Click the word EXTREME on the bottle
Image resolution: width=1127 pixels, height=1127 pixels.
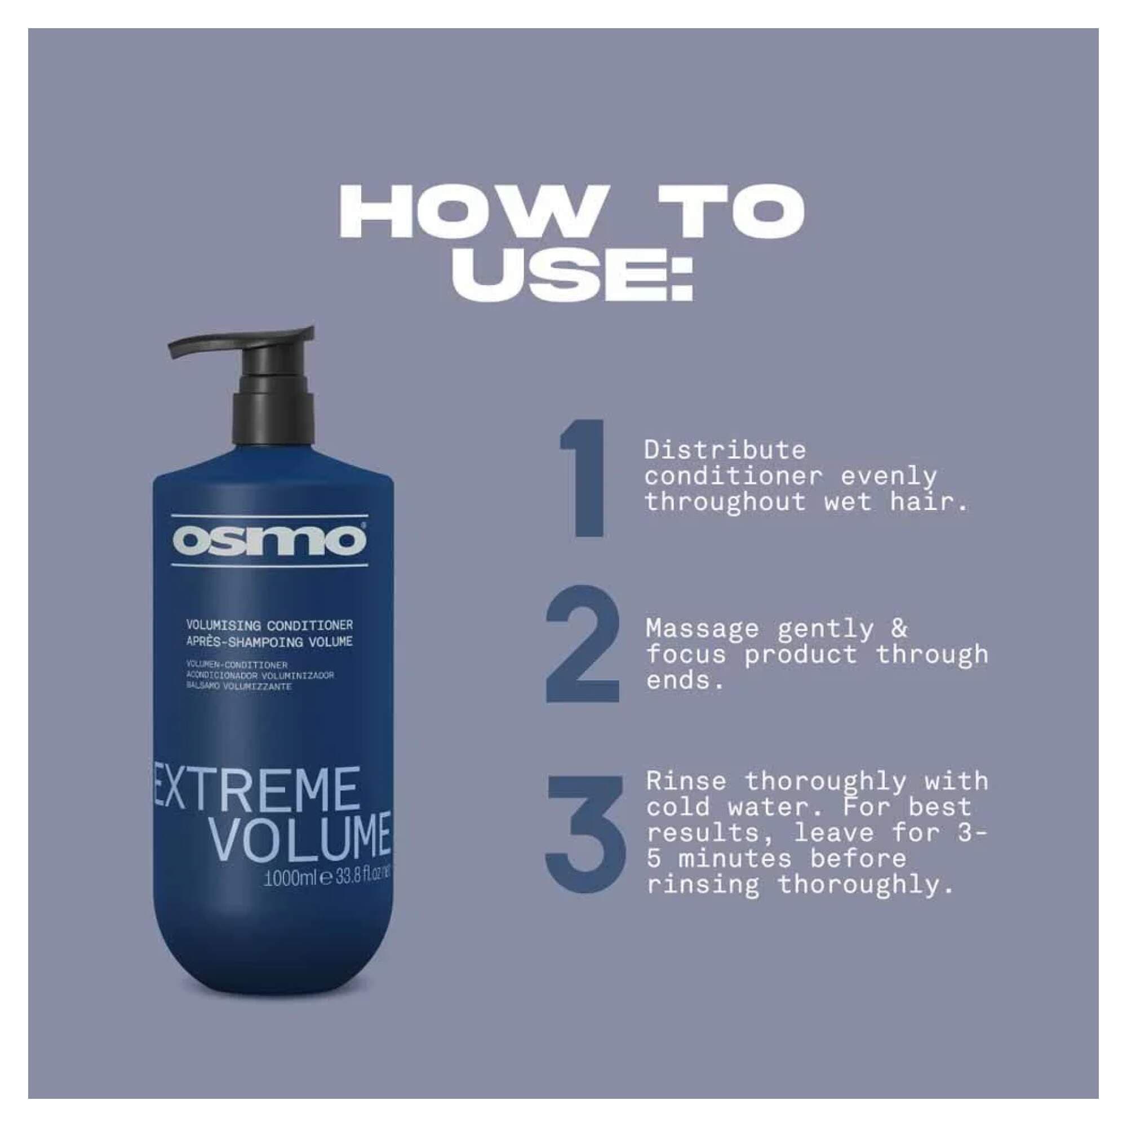click(255, 791)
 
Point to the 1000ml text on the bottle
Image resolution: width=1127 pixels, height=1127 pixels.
click(290, 877)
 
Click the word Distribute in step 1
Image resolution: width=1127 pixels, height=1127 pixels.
click(725, 450)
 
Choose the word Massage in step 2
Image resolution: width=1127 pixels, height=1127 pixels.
click(702, 629)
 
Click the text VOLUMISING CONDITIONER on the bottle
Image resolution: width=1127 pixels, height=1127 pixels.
click(269, 625)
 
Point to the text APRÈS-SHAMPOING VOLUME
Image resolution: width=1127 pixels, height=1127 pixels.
click(269, 642)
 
